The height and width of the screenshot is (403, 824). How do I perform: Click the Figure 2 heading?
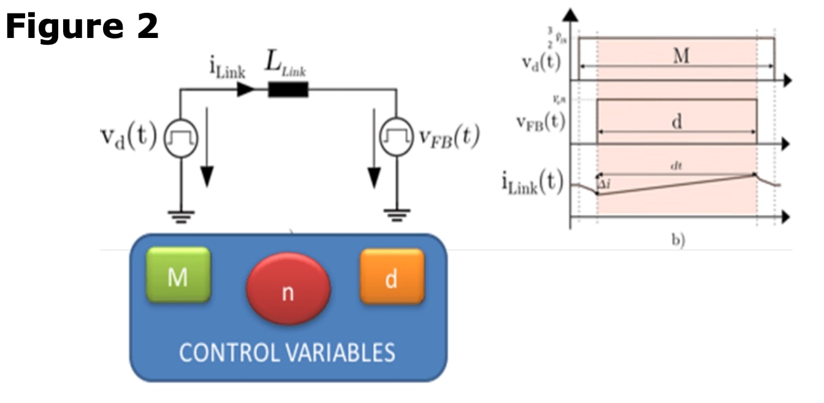click(x=82, y=27)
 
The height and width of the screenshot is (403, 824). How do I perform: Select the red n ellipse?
click(x=288, y=288)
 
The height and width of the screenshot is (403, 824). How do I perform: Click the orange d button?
click(x=391, y=277)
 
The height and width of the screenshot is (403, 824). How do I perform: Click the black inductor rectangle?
click(x=288, y=90)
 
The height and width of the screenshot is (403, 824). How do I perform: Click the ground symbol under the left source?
click(x=181, y=216)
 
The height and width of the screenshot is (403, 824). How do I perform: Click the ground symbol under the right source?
click(x=396, y=216)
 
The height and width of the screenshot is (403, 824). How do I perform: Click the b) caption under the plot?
click(x=677, y=241)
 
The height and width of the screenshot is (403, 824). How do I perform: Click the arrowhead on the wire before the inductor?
click(x=246, y=90)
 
